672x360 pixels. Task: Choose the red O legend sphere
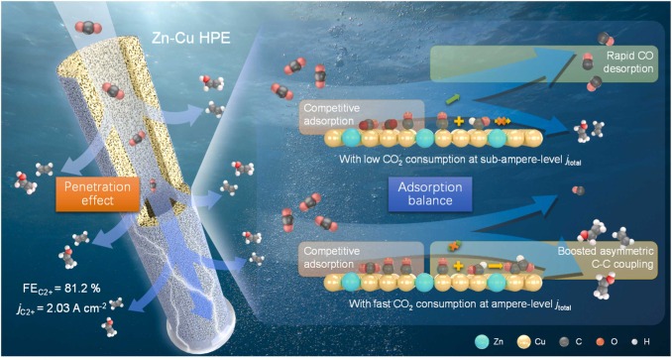[x=583, y=339]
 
